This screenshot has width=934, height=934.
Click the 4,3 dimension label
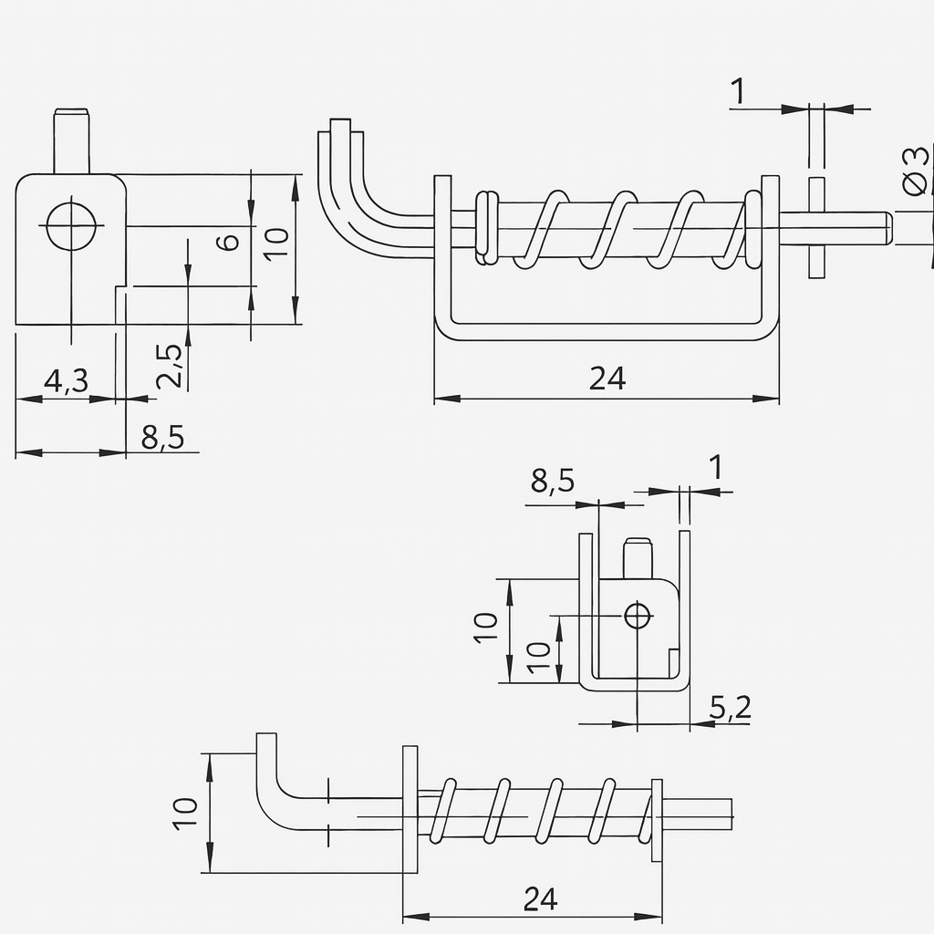tap(66, 379)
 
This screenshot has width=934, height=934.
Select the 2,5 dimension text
tap(170, 365)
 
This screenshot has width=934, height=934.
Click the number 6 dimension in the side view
tap(229, 242)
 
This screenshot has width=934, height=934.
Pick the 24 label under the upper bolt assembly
tap(607, 378)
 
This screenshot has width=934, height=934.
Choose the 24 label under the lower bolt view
tap(540, 899)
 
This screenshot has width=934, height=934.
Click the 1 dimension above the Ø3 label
tap(738, 91)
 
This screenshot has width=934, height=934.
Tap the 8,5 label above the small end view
tap(553, 481)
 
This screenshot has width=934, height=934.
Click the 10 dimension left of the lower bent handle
tap(185, 813)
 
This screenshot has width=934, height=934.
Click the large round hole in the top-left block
tap(70, 225)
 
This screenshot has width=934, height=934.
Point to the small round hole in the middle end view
tap(638, 616)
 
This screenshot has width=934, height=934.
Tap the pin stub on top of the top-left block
tap(73, 140)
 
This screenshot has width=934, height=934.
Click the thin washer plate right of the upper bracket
tap(815, 227)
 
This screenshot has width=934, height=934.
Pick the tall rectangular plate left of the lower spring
tap(410, 808)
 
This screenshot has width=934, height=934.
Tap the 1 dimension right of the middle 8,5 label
tap(716, 468)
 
